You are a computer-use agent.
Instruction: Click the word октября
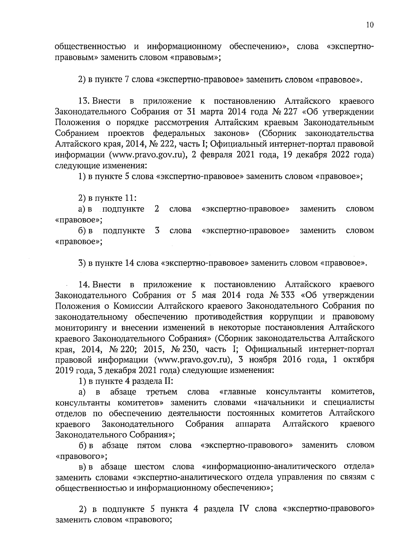click(359, 359)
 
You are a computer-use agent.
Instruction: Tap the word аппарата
click(253, 424)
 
